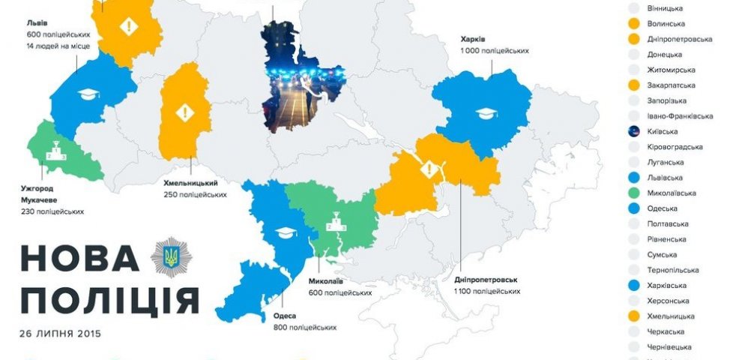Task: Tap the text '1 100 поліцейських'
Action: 486,291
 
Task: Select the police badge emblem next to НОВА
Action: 166,257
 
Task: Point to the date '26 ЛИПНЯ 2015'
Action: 61,333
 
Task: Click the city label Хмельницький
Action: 190,182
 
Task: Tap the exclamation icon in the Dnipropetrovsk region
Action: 428,169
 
